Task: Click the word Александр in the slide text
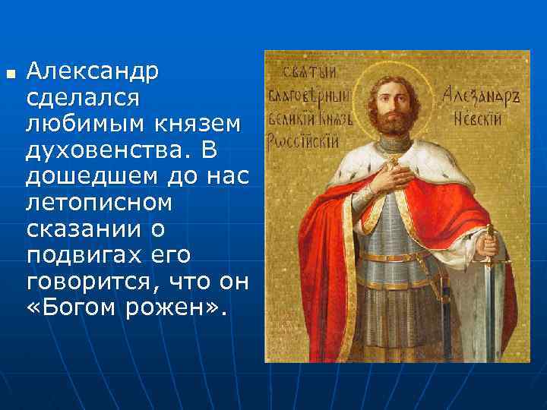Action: tap(92, 72)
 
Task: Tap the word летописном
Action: tap(99, 203)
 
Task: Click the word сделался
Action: tap(84, 98)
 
